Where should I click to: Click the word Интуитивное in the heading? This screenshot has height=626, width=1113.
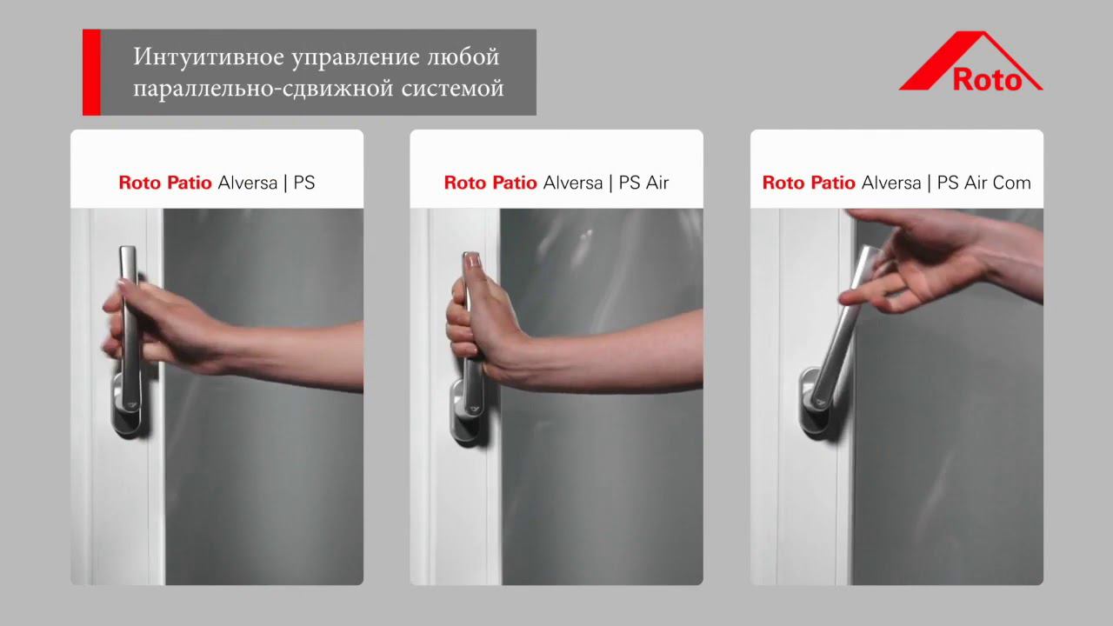click(196, 58)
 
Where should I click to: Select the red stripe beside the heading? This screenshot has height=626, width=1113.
click(91, 72)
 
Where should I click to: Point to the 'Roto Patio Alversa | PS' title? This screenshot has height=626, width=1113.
click(217, 183)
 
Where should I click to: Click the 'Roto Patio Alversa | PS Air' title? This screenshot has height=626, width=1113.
click(556, 183)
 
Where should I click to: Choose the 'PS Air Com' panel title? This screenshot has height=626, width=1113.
click(896, 183)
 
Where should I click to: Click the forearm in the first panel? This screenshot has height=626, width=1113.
click(296, 352)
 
